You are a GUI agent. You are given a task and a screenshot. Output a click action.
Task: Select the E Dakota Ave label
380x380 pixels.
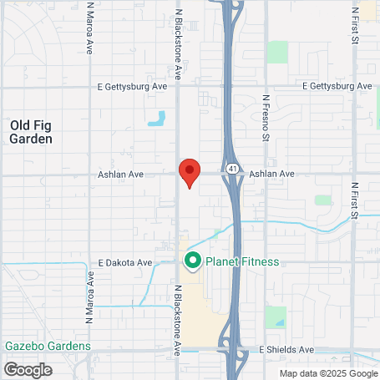(x=124, y=262)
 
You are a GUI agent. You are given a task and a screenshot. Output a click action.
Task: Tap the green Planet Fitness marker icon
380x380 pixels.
(x=193, y=261)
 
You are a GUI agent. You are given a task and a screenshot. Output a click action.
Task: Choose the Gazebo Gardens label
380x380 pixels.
(x=47, y=346)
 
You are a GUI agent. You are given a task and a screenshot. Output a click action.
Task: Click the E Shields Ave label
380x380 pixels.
(x=286, y=349)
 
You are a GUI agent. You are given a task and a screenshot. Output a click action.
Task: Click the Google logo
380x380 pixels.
(x=28, y=368)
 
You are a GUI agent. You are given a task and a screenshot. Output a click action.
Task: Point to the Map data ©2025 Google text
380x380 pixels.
(x=327, y=373)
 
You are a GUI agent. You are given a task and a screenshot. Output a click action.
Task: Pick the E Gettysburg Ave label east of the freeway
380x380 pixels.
(x=337, y=87)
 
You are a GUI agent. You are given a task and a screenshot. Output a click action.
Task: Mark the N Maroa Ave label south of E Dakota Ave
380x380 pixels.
(x=89, y=298)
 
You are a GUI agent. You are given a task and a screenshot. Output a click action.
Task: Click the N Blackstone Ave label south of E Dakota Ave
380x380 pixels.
(x=178, y=320)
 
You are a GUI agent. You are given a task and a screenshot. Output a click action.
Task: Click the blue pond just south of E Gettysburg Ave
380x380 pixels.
(x=156, y=119)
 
